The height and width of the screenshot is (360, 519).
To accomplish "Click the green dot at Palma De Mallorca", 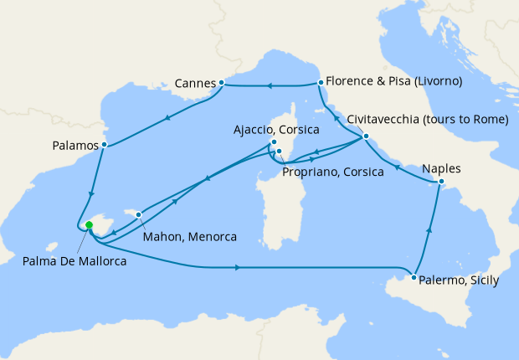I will tap(89, 225).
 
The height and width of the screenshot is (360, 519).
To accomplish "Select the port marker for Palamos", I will tap(103, 145).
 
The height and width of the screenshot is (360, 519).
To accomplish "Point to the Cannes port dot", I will tap(221, 83).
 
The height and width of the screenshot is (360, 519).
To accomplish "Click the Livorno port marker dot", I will tap(321, 82).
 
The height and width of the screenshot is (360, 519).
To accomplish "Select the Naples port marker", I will tap(442, 183).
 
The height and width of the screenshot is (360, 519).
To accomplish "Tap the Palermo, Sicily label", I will tap(460, 280).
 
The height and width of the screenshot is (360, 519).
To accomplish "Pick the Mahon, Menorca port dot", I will tap(139, 214).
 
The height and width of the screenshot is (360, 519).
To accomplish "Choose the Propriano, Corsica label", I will tap(332, 172).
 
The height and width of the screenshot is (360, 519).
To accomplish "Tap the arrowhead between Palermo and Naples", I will tap(430, 230).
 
